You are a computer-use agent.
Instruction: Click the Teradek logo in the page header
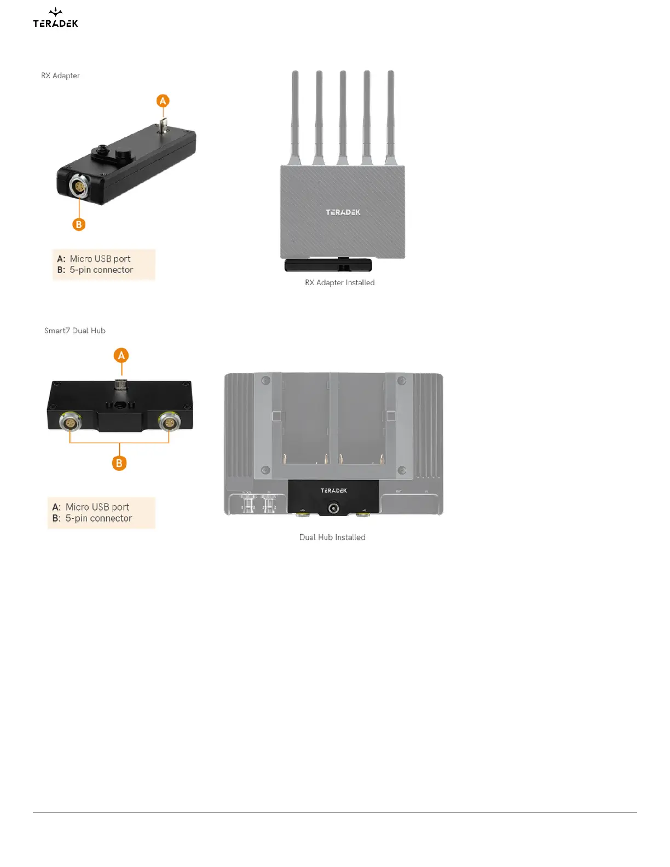click(55, 18)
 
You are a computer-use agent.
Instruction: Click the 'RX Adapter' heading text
click(60, 76)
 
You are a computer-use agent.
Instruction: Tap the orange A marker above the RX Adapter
click(163, 101)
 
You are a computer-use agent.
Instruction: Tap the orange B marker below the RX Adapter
click(79, 224)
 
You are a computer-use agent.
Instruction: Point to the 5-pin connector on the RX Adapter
click(79, 187)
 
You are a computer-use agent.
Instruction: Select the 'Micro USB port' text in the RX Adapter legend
click(100, 259)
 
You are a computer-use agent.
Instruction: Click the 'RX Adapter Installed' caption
click(339, 282)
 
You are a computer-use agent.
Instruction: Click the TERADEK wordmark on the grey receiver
click(343, 212)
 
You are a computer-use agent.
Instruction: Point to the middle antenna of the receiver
click(343, 115)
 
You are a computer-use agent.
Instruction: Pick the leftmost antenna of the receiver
click(295, 115)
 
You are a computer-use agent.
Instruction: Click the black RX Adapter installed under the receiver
click(328, 265)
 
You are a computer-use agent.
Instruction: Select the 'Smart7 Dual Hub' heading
click(75, 331)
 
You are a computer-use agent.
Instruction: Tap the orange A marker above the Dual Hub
click(122, 356)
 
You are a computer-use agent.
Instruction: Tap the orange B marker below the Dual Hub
click(119, 463)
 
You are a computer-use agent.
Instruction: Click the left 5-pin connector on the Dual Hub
click(70, 423)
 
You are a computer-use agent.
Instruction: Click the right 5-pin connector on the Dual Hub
click(169, 422)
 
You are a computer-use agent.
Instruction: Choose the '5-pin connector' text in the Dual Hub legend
click(99, 518)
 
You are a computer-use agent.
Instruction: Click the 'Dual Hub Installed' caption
click(332, 537)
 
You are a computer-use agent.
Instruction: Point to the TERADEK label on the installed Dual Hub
click(334, 490)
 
